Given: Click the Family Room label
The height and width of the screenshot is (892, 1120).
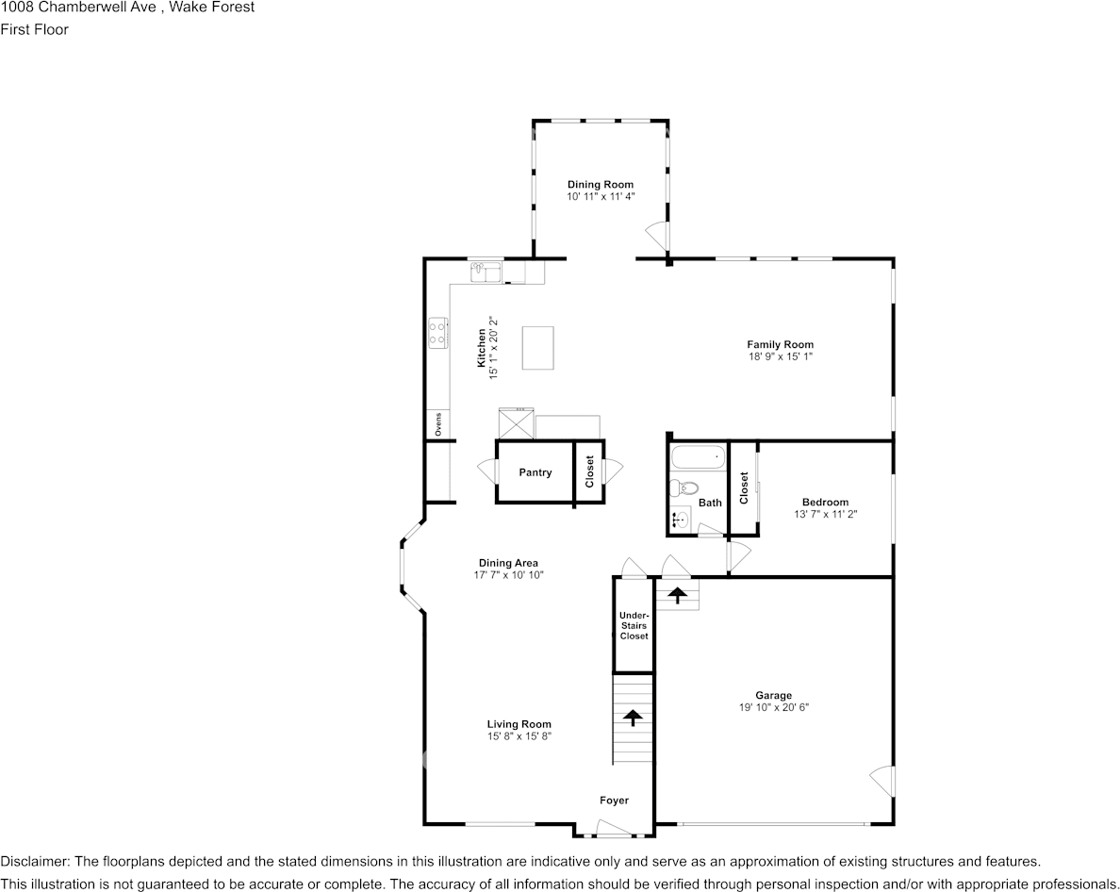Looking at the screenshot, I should click(780, 344).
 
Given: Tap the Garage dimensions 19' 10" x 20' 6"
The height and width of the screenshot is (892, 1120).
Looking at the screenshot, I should click(773, 707).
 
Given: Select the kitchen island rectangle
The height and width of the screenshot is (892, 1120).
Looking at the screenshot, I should click(537, 347).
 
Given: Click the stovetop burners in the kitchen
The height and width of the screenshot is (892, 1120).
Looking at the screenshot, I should click(437, 332).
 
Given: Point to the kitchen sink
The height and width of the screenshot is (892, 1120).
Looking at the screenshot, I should click(486, 272).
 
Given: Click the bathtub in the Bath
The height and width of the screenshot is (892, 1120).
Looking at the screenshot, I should click(698, 459).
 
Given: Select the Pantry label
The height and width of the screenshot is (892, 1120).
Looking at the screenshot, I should click(535, 472).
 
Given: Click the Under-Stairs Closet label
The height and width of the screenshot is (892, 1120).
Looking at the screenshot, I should click(634, 626).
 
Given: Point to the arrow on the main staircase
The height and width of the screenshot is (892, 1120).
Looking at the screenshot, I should click(633, 719).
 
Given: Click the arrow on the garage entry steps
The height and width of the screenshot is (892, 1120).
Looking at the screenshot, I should click(678, 595).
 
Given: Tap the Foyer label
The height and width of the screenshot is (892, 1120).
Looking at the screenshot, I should click(614, 801).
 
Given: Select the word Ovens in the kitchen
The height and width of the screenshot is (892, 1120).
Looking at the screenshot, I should click(438, 425).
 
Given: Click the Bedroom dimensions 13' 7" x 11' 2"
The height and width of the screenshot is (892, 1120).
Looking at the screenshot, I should click(825, 514).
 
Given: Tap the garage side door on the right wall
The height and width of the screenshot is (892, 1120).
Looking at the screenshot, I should click(882, 781).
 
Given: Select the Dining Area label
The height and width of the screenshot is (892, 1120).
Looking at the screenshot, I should click(508, 563).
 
